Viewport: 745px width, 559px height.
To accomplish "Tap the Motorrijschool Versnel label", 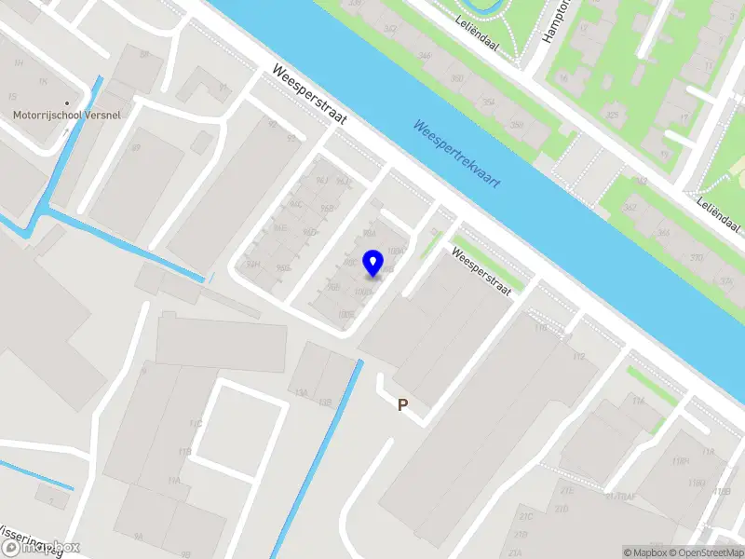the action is (x=67, y=116).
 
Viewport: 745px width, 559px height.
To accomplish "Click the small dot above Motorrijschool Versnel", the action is (x=67, y=102).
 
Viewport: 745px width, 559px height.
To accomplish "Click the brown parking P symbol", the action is (x=403, y=404).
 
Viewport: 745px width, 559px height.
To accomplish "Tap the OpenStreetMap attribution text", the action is (x=704, y=552).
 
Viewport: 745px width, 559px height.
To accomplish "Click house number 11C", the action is (x=196, y=424).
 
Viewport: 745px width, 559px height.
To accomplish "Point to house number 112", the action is (x=578, y=356).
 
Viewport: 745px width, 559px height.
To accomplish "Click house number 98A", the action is (x=369, y=232).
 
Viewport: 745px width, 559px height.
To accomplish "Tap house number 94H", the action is (x=252, y=264).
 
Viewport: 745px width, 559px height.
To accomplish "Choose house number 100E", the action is (x=346, y=315).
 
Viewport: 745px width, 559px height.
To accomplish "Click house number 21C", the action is (x=526, y=516).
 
